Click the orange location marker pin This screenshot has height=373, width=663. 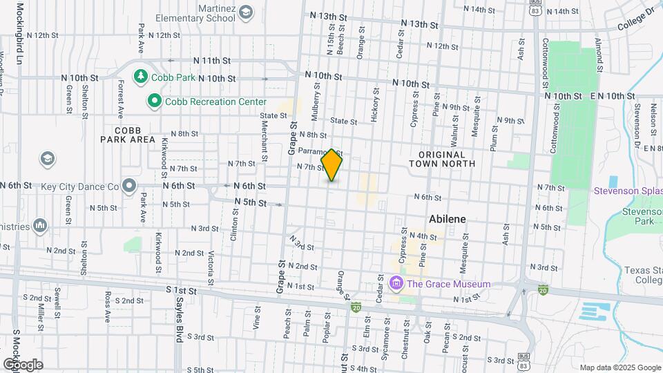click(x=332, y=165)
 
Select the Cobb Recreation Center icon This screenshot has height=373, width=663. click(x=155, y=102)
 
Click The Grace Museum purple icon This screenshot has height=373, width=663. click(x=396, y=283)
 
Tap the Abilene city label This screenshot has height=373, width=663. click(x=448, y=219)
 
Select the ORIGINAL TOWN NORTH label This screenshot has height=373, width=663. click(x=442, y=159)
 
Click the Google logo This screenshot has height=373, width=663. click(x=22, y=364)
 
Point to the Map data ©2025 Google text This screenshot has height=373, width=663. click(x=619, y=367)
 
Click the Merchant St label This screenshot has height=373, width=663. click(x=265, y=146)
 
